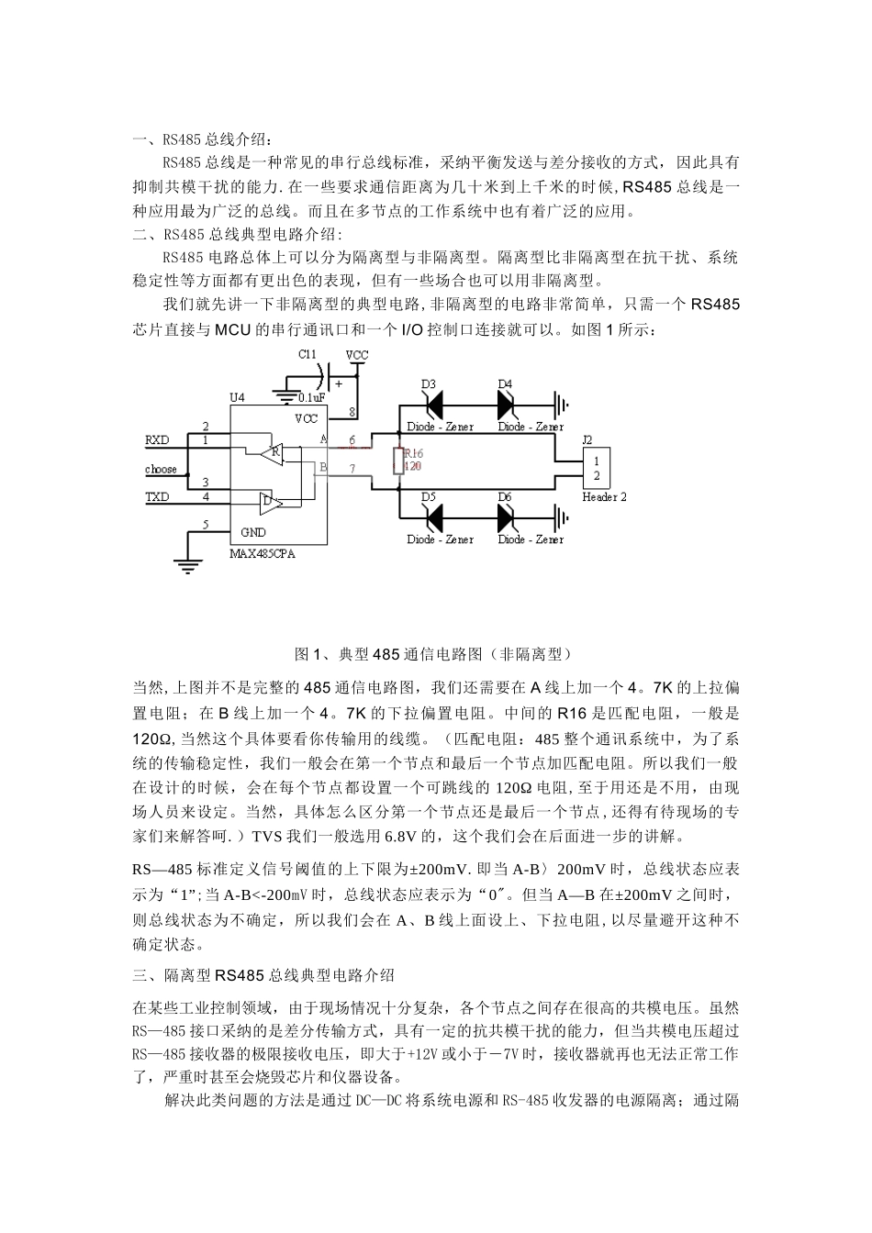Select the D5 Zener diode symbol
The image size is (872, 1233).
click(430, 517)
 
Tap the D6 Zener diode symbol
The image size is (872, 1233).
click(508, 517)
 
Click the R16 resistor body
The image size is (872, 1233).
click(397, 461)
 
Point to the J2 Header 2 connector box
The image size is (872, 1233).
click(597, 468)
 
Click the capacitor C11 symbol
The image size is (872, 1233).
click(327, 374)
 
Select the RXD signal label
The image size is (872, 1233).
click(158, 440)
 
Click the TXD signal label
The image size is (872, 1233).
click(158, 496)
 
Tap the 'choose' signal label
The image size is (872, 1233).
click(161, 469)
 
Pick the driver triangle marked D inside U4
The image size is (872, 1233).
click(269, 501)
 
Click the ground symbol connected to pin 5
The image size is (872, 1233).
click(187, 567)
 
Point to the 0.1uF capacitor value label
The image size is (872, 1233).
click(312, 398)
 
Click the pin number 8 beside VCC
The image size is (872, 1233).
click(352, 411)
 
